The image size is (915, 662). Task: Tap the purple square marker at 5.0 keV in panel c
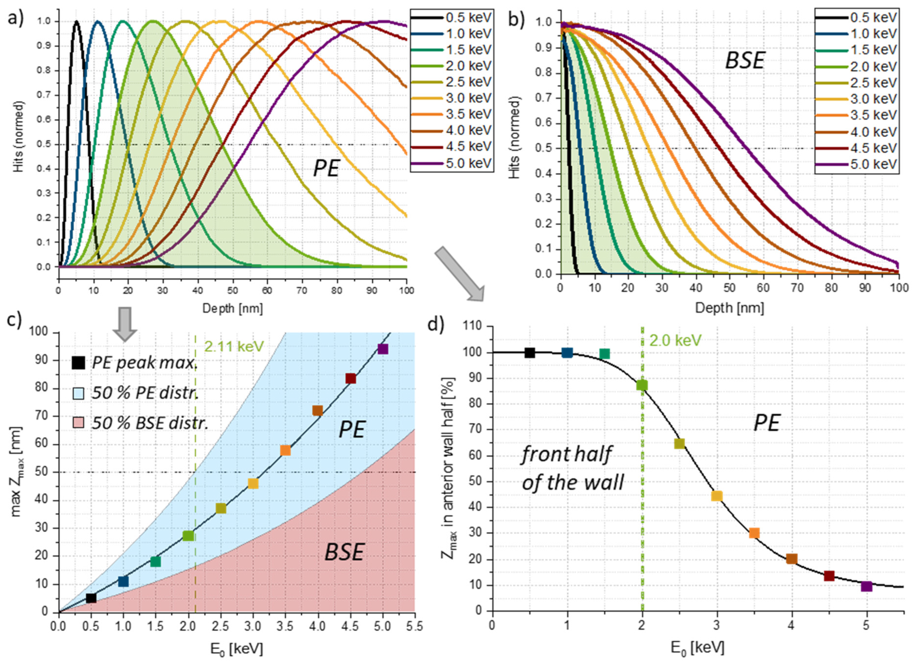382,349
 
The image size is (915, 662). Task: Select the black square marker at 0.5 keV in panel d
530,353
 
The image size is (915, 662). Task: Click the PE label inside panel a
326,169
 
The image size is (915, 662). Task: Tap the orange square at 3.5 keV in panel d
754,533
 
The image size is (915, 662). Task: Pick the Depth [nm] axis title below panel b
729,308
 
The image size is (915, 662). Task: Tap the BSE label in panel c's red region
344,552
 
